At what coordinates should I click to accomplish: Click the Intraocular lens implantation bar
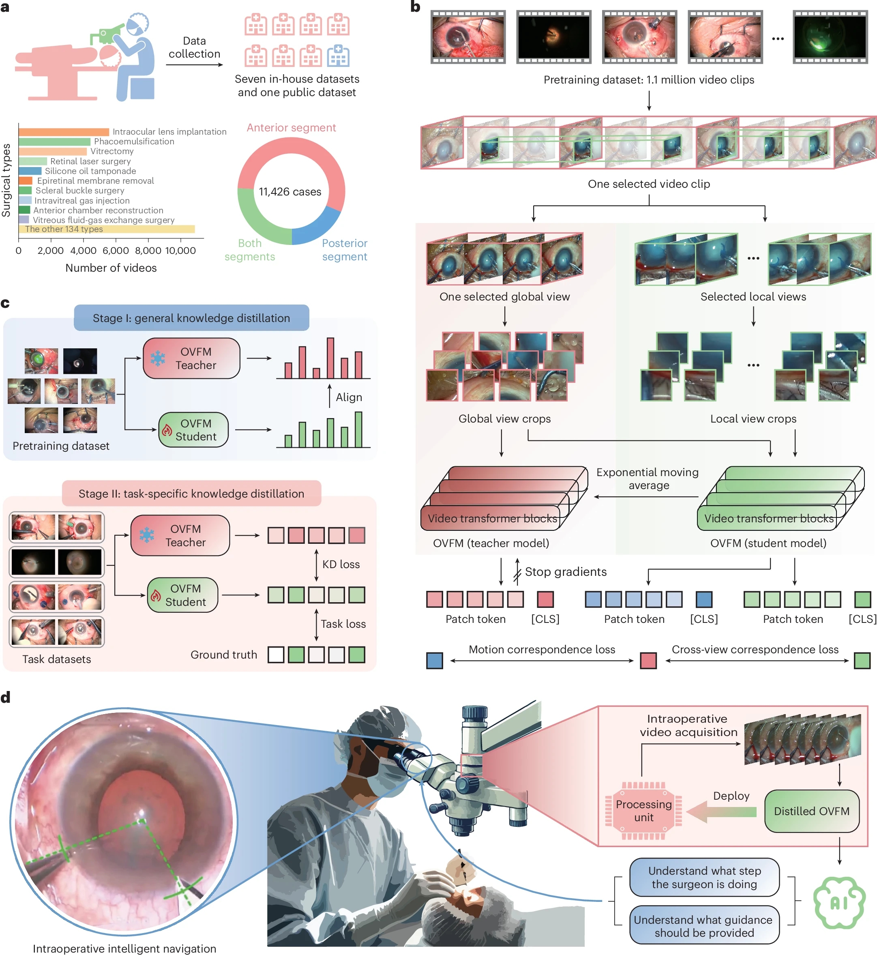tap(64, 131)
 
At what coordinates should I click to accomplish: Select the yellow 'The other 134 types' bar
tap(106, 229)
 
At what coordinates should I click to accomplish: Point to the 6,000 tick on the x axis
tap(116, 250)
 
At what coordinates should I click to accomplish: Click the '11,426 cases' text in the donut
tap(290, 192)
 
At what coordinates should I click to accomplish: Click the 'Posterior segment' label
tap(345, 250)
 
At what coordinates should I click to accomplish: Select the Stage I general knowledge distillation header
tap(191, 318)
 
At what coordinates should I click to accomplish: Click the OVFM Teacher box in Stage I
tap(191, 358)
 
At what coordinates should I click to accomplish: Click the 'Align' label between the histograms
tap(349, 397)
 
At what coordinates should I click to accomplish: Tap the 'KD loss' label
tap(341, 564)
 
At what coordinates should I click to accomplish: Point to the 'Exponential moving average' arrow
tap(646, 496)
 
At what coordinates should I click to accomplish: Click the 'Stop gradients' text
tap(566, 571)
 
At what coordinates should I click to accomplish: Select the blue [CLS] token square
tap(704, 599)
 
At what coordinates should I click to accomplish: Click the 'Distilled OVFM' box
tap(811, 811)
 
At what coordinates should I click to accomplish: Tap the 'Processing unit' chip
tap(643, 811)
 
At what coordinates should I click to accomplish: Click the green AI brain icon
tap(838, 902)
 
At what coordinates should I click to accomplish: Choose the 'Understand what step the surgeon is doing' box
tap(704, 877)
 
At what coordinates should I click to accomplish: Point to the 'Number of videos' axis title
tap(111, 268)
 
